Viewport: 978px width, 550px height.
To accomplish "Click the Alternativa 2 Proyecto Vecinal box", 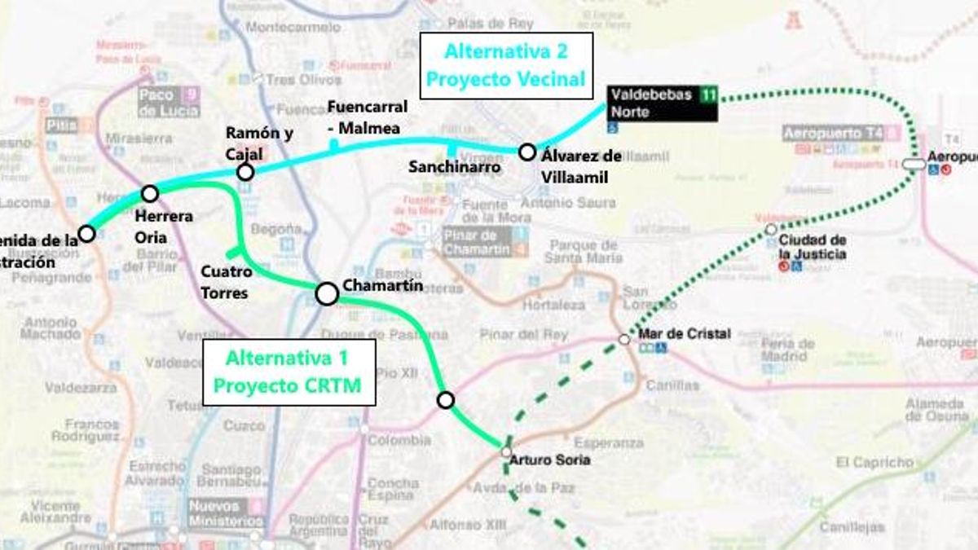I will point(505,65).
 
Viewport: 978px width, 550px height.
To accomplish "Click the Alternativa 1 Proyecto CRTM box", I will point(289,372).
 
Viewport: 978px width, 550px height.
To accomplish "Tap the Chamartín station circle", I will point(327,294).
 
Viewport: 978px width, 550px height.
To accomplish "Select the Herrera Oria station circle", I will point(150,193).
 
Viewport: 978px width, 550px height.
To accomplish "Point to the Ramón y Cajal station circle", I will point(245,172).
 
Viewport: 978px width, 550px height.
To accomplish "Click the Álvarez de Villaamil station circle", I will point(527,152).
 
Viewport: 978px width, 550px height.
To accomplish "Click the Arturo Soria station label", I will point(549,460).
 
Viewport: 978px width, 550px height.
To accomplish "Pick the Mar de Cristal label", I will point(673,333).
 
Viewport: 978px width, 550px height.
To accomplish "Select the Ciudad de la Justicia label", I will point(812,247).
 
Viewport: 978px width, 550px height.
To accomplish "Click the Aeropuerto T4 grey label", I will point(835,134).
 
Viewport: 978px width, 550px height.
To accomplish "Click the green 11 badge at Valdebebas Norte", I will point(708,95).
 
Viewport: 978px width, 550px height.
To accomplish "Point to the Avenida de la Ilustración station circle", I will point(86,234).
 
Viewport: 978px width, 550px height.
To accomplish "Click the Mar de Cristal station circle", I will point(624,339).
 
